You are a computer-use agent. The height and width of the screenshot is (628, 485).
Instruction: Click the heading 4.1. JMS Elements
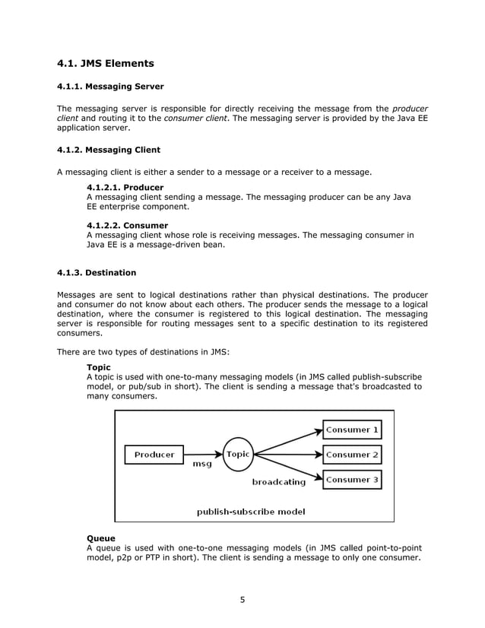(106, 63)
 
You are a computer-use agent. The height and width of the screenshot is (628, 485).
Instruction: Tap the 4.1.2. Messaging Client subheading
(109, 149)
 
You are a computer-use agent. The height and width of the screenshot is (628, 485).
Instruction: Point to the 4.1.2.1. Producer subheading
(125, 186)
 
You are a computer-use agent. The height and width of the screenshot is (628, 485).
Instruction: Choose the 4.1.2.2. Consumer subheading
(128, 226)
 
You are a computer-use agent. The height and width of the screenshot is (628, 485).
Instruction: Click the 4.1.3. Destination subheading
(97, 272)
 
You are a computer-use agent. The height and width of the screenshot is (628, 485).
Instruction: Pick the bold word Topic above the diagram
(99, 367)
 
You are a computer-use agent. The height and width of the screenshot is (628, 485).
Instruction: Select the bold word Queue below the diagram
(101, 538)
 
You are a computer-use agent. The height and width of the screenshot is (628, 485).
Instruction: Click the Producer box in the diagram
(154, 455)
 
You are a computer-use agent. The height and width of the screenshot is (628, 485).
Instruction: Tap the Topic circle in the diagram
(238, 455)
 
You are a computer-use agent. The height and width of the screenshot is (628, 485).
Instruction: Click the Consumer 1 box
(351, 430)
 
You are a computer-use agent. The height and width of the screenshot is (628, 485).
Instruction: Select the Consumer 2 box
(351, 455)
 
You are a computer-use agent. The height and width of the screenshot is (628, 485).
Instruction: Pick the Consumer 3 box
(351, 480)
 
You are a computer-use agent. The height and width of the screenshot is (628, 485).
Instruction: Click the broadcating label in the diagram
(279, 481)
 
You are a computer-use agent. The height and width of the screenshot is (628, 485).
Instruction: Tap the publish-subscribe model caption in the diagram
(251, 512)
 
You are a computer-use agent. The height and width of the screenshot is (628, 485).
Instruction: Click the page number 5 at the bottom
(242, 599)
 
